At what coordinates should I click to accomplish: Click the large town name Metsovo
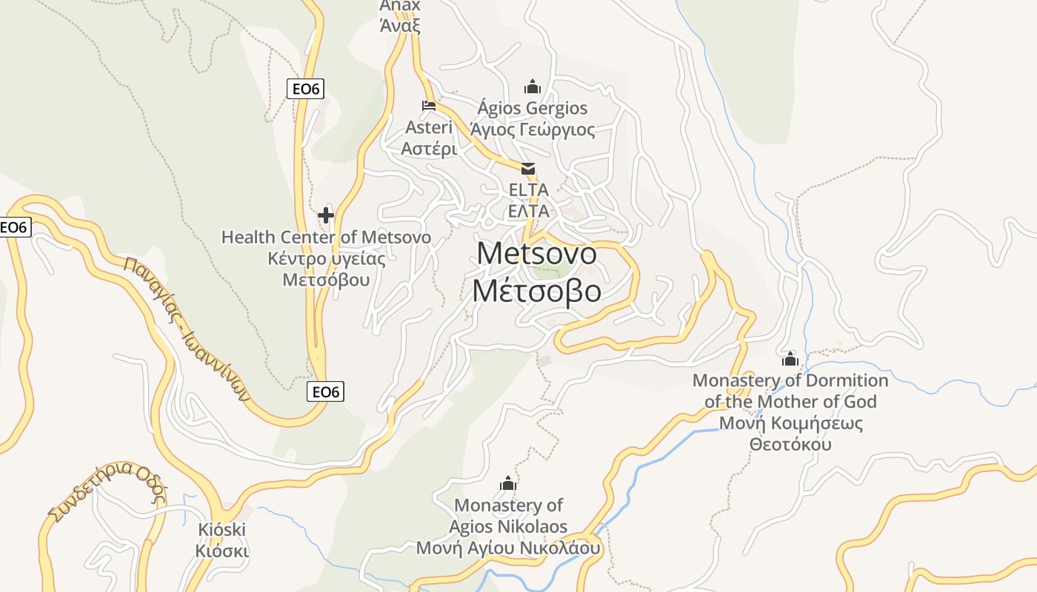click(x=536, y=253)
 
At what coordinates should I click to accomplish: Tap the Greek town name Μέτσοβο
click(x=536, y=292)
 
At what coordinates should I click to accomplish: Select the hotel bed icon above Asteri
click(x=429, y=106)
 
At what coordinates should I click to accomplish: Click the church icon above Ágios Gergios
click(x=532, y=87)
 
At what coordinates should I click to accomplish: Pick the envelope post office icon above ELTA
click(x=528, y=169)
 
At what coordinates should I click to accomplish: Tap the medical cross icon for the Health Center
click(x=325, y=215)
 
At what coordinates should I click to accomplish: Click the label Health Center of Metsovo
click(x=326, y=238)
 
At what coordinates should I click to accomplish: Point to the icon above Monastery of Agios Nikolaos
click(x=507, y=484)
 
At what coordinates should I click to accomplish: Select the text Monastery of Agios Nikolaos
click(x=508, y=516)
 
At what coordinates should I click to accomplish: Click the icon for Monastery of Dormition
click(x=790, y=359)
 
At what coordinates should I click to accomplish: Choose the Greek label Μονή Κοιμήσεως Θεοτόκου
click(x=790, y=434)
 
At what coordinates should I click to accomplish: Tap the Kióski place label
click(x=221, y=530)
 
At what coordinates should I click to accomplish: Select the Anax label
click(x=400, y=6)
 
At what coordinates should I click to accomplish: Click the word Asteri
click(x=429, y=127)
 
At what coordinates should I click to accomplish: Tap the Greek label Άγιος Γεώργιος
click(x=533, y=130)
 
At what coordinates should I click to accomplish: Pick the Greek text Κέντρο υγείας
click(x=327, y=259)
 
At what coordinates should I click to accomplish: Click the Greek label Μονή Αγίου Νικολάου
click(x=508, y=548)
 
